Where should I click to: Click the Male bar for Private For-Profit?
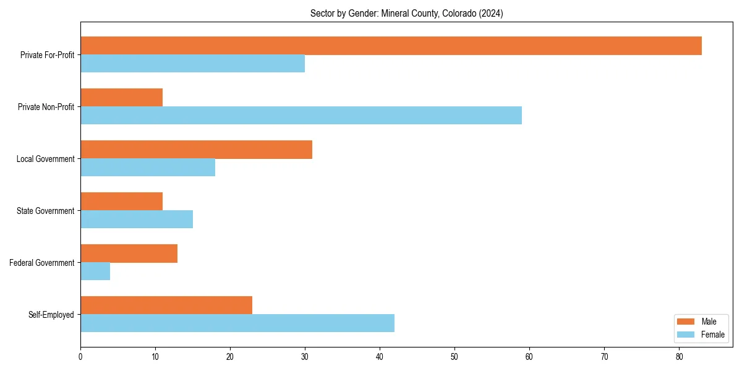point(391,46)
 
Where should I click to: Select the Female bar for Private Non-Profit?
point(301,116)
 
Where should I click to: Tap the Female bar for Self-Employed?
point(237,323)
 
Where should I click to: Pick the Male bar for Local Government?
point(196,150)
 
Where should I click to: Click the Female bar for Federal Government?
point(95,271)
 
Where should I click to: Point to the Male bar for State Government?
point(121,202)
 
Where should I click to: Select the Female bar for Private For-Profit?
point(192,64)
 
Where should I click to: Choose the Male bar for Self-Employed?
point(166,305)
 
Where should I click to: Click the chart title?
point(406,14)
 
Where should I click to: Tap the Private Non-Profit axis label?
point(46,107)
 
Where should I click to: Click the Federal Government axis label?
point(42,263)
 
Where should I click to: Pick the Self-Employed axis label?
point(51,315)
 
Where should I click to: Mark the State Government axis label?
point(45,211)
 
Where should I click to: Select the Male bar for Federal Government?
point(129,254)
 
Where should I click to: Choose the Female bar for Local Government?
point(148,168)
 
